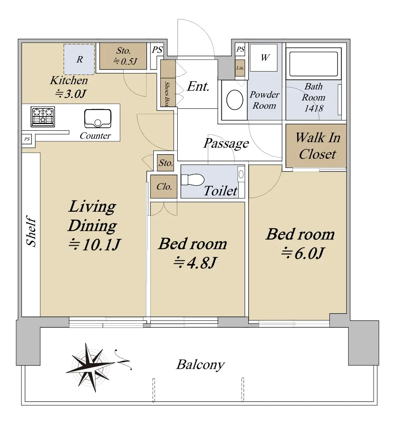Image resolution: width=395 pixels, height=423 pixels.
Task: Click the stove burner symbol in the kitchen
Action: click(x=43, y=117)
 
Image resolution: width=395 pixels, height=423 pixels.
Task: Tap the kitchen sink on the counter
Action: click(x=98, y=118)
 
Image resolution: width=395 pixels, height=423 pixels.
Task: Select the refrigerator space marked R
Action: click(x=79, y=60)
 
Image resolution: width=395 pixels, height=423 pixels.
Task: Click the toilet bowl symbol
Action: click(x=193, y=180)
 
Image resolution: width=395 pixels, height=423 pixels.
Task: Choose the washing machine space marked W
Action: click(x=264, y=58)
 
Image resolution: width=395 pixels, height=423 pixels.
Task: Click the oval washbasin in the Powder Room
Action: click(x=235, y=100)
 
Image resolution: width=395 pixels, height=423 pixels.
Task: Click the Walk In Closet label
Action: click(x=318, y=146)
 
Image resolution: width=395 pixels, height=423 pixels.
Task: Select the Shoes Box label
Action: click(x=167, y=94)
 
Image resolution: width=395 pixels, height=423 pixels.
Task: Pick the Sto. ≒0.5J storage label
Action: click(x=124, y=56)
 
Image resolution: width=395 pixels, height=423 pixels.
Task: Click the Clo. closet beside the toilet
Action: click(x=164, y=186)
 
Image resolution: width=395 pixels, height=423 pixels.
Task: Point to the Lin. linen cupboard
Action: click(x=240, y=68)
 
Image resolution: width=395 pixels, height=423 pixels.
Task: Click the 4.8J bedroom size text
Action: click(x=195, y=263)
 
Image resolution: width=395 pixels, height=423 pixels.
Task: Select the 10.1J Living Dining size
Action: click(x=94, y=244)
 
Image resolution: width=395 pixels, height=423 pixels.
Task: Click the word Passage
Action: click(x=226, y=143)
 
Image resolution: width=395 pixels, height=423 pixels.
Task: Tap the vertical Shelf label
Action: click(x=31, y=231)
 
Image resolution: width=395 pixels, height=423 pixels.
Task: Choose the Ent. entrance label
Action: click(x=198, y=86)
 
